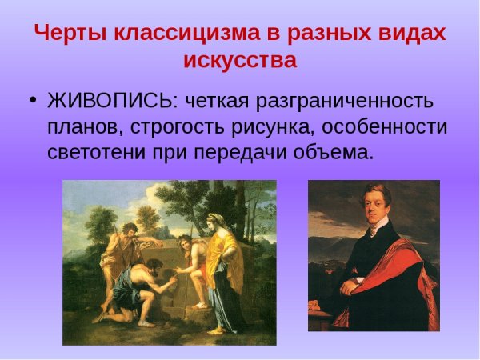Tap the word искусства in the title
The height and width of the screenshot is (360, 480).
[239, 61]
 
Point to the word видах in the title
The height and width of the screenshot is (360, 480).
[413, 34]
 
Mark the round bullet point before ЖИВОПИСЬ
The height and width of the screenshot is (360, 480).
[32, 102]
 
